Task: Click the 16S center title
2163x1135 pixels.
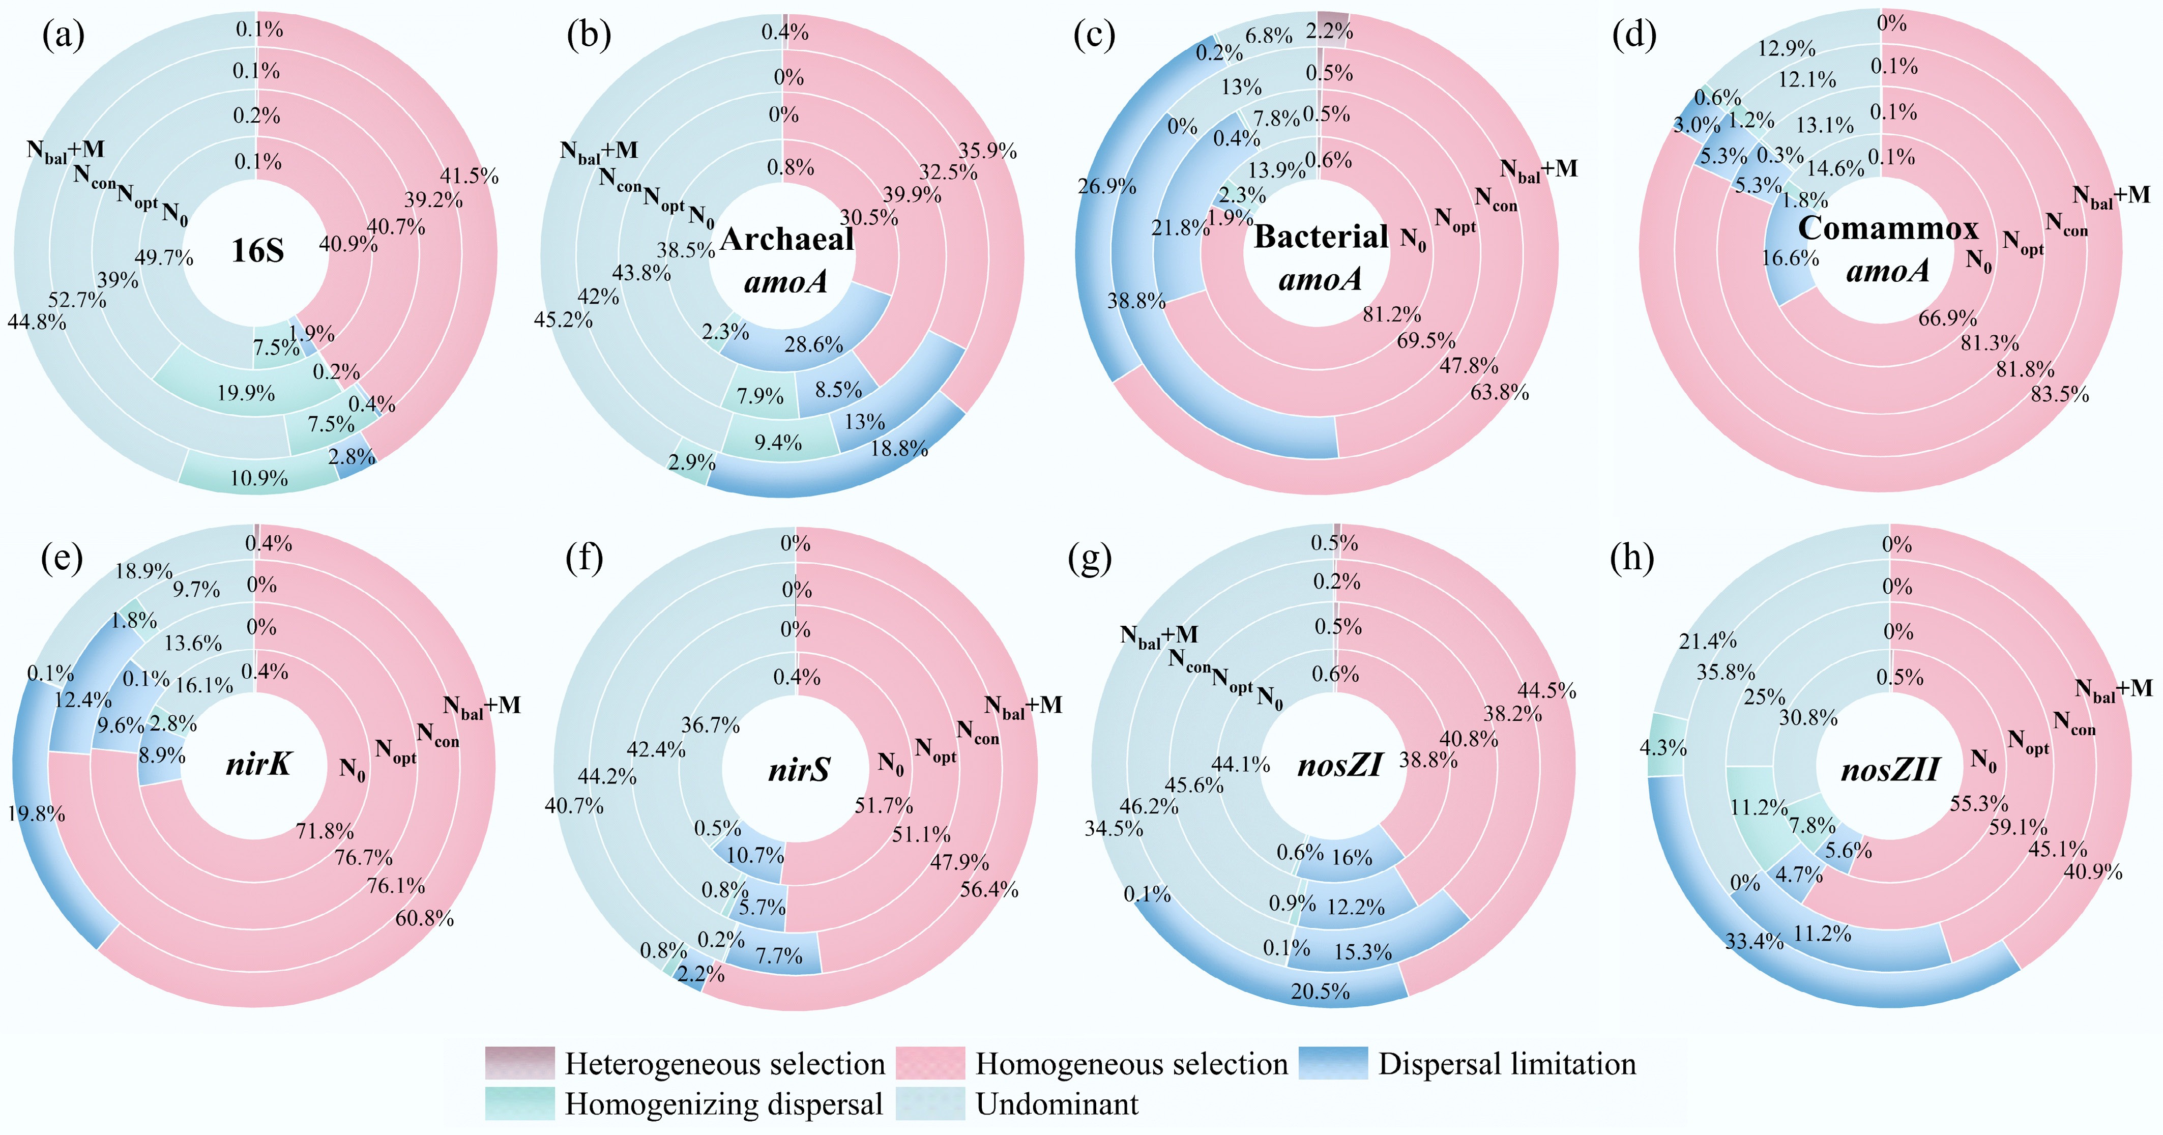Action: (x=258, y=250)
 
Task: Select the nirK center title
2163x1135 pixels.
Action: (x=258, y=764)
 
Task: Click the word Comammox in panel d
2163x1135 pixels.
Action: (x=1888, y=228)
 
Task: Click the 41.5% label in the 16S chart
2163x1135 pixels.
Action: (x=469, y=177)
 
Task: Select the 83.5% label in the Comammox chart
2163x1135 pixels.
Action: (x=2059, y=394)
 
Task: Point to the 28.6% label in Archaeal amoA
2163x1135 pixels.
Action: (x=813, y=344)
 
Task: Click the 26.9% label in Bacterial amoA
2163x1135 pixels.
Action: (x=1107, y=186)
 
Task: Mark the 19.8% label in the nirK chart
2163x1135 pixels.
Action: (x=36, y=813)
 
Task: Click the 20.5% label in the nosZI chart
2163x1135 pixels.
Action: (x=1320, y=992)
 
